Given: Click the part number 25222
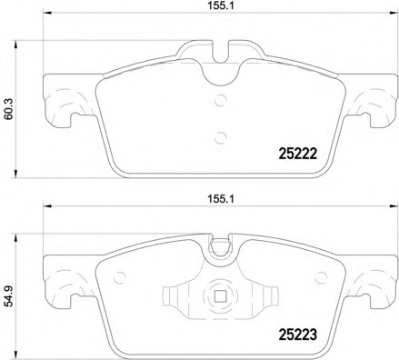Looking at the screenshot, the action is tap(297, 154).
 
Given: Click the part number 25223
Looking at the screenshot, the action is tap(297, 335).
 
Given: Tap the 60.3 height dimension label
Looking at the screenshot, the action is tap(8, 109).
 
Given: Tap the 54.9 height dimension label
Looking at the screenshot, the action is tap(8, 298).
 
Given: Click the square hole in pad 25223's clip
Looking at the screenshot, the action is tap(220, 296).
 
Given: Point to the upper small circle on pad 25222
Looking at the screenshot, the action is tap(220, 100).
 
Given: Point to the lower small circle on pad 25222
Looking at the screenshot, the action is tap(220, 137).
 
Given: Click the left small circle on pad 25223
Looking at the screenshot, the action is tap(120, 277).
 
